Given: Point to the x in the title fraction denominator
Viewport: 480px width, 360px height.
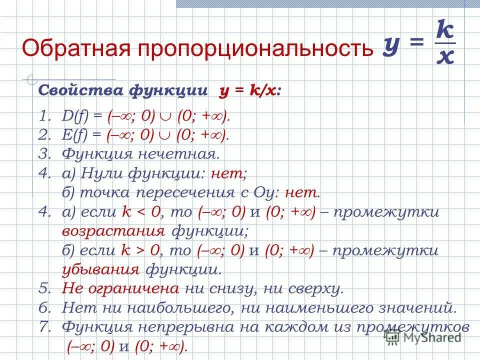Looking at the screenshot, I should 445,58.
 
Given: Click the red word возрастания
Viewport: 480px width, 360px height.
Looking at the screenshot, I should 113,231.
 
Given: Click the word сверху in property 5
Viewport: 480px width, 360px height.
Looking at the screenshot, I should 315,289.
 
